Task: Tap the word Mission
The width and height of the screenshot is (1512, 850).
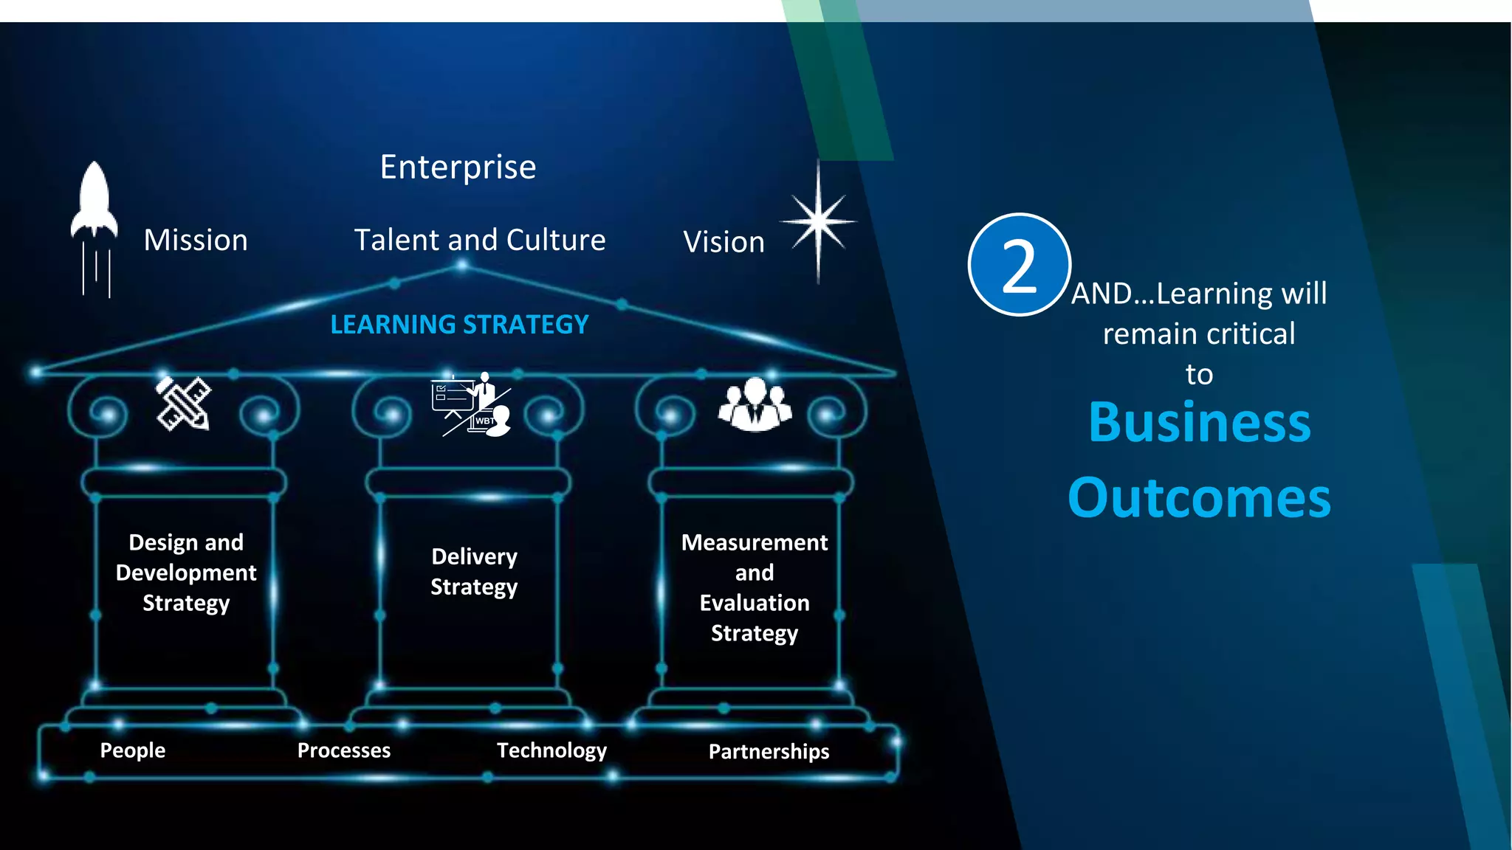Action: (196, 241)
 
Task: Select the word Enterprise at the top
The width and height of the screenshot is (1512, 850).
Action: (458, 167)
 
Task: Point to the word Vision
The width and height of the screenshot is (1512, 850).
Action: (724, 243)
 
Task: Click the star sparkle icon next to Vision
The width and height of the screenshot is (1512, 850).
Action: (818, 221)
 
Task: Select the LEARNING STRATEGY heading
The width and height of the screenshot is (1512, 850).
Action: (459, 325)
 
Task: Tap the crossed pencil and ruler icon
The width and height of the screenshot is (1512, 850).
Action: (184, 403)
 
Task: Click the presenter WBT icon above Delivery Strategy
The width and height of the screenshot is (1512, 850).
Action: (472, 404)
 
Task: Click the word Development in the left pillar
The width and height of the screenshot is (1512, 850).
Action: (186, 573)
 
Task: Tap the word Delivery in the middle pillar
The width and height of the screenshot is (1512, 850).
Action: (474, 557)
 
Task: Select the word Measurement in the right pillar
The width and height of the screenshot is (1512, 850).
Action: (755, 543)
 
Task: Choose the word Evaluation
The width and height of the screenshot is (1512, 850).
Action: (755, 604)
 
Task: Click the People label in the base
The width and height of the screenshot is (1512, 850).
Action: (133, 750)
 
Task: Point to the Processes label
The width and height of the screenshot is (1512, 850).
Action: (344, 750)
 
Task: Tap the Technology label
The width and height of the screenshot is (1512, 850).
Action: (551, 750)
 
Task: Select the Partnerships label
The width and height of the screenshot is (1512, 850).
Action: (769, 752)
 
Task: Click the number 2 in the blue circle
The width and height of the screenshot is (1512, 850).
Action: (1019, 266)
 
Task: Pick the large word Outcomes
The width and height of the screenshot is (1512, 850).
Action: (1199, 498)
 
